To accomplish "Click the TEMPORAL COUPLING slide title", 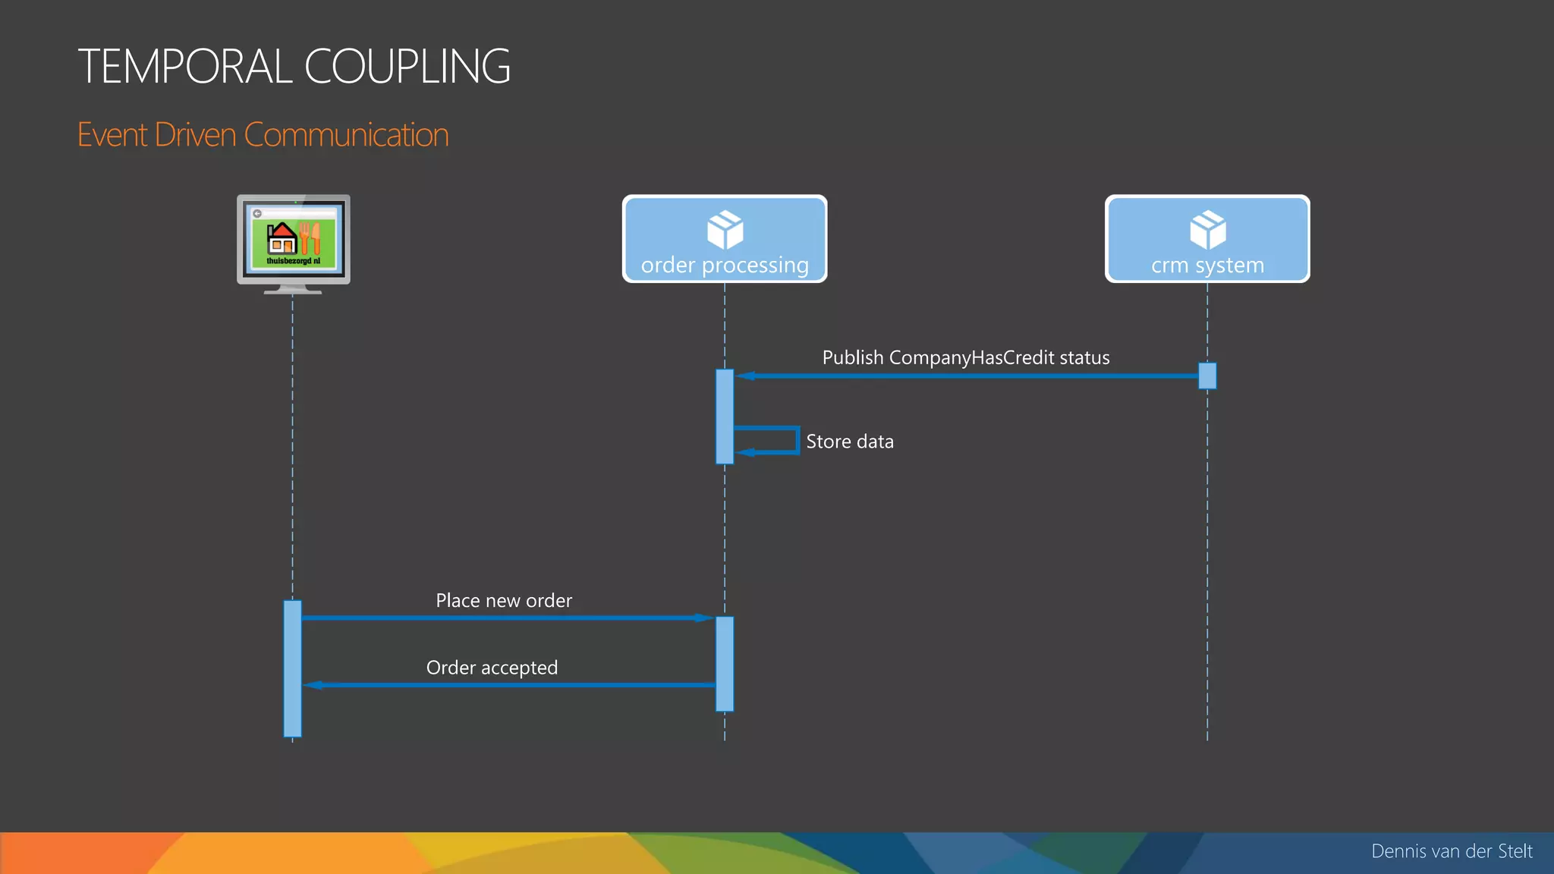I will pyautogui.click(x=294, y=66).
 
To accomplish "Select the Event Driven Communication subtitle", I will pyautogui.click(x=263, y=135).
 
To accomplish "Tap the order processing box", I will pyautogui.click(x=725, y=239).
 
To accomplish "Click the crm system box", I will pyautogui.click(x=1207, y=239).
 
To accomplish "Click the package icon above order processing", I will pyautogui.click(x=725, y=229).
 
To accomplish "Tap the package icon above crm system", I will pyautogui.click(x=1207, y=229).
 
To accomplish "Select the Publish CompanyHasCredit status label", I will pyautogui.click(x=965, y=357).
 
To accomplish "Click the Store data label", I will pyautogui.click(x=849, y=442).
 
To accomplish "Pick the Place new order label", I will pyautogui.click(x=504, y=601).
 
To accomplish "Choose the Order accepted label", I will pyautogui.click(x=492, y=668).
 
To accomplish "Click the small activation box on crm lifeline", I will pyautogui.click(x=1207, y=376).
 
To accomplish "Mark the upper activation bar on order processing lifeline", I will pyautogui.click(x=725, y=416).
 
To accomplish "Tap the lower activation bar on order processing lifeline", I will pyautogui.click(x=725, y=664).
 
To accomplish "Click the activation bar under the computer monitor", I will pyautogui.click(x=292, y=668).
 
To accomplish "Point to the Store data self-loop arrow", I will pyautogui.click(x=796, y=440).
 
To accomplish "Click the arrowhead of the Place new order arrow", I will pyautogui.click(x=703, y=618).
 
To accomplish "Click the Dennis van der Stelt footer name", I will pyautogui.click(x=1452, y=851).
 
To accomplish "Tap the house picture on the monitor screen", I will pyautogui.click(x=282, y=237).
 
